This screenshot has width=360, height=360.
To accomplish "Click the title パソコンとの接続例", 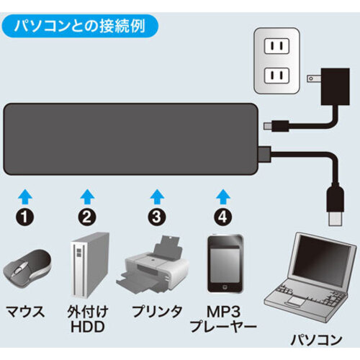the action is click(79, 26).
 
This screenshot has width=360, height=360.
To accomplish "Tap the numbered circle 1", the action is click(25, 216).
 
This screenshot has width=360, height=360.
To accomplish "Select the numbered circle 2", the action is click(87, 216).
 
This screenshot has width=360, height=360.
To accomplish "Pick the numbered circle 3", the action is click(157, 216).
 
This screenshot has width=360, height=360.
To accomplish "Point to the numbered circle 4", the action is click(223, 216).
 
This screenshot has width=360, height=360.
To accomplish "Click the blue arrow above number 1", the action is click(25, 197).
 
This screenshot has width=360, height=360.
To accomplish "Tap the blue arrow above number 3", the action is click(157, 197).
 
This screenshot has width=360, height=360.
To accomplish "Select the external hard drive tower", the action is click(89, 265).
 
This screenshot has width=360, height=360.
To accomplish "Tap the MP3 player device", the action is click(225, 264).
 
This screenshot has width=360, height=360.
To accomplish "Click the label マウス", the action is click(25, 311).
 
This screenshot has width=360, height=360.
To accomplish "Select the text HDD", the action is click(88, 327).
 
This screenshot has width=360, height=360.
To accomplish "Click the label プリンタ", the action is click(157, 311).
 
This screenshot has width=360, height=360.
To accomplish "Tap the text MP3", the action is click(223, 312).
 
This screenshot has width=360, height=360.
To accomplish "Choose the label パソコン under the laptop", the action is click(316, 340).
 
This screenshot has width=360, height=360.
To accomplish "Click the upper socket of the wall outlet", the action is click(276, 45).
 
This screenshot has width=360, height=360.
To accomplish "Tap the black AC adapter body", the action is click(336, 86).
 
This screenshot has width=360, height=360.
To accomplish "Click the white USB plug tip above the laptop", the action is click(335, 218).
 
